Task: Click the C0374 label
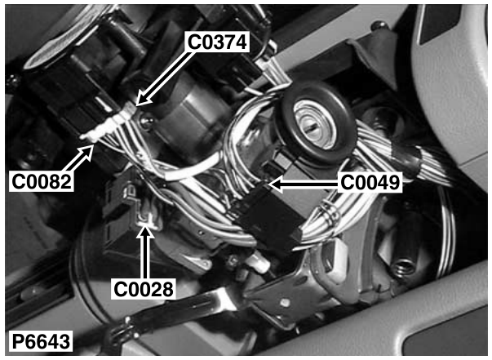217,42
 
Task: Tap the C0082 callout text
42,181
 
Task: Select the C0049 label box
370,182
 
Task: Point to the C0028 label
144,289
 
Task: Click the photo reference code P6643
41,341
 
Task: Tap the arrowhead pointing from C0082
88,149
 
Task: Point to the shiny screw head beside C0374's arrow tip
147,121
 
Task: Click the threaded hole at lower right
402,268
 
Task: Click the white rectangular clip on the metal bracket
336,258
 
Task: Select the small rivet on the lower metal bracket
286,302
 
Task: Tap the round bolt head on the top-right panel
379,26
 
